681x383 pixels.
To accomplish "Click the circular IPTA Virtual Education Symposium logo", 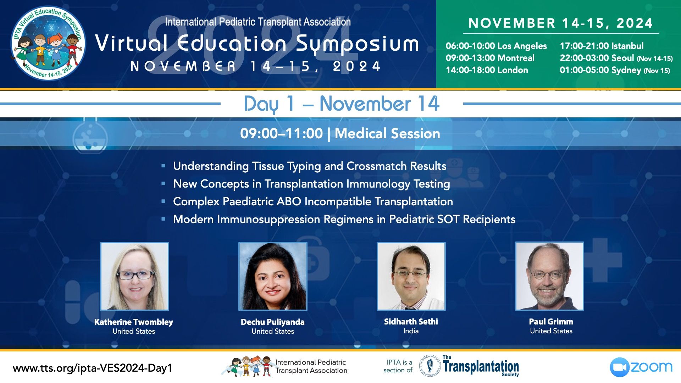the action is [48, 43].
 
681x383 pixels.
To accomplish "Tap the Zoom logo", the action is [641, 367].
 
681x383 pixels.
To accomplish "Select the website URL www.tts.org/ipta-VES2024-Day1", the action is [93, 368].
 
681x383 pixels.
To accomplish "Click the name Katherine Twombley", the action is [134, 322].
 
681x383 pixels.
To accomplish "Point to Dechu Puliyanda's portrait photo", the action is [273, 276].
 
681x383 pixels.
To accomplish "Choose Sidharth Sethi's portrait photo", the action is [411, 276].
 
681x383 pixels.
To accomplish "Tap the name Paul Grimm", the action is [551, 322].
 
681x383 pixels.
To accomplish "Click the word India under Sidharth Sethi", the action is [411, 331].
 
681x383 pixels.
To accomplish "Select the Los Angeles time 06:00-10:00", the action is [496, 46].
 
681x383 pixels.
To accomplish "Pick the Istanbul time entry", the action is [602, 46].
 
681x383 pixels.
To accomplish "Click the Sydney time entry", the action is [615, 70].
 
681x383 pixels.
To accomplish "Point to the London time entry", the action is [487, 70].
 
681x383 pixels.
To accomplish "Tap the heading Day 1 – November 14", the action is [342, 104].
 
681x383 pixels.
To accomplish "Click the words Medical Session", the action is [387, 134].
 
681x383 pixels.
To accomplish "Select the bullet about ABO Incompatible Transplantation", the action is [313, 201].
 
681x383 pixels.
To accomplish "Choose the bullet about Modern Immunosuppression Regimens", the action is [344, 219].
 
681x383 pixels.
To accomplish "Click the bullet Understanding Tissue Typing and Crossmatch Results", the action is [310, 166].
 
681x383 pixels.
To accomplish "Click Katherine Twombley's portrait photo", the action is [134, 276].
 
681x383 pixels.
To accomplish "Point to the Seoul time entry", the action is [616, 58].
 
